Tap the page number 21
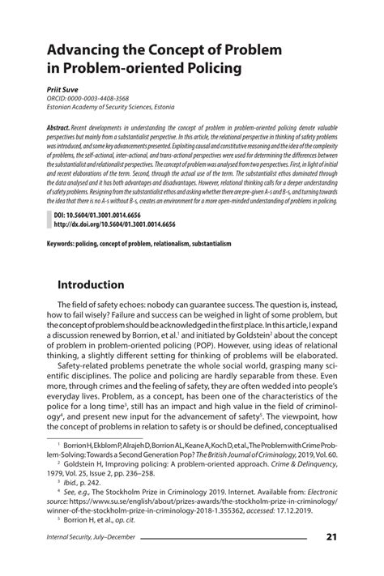tap(331, 559)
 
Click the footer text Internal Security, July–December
tap(90, 559)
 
